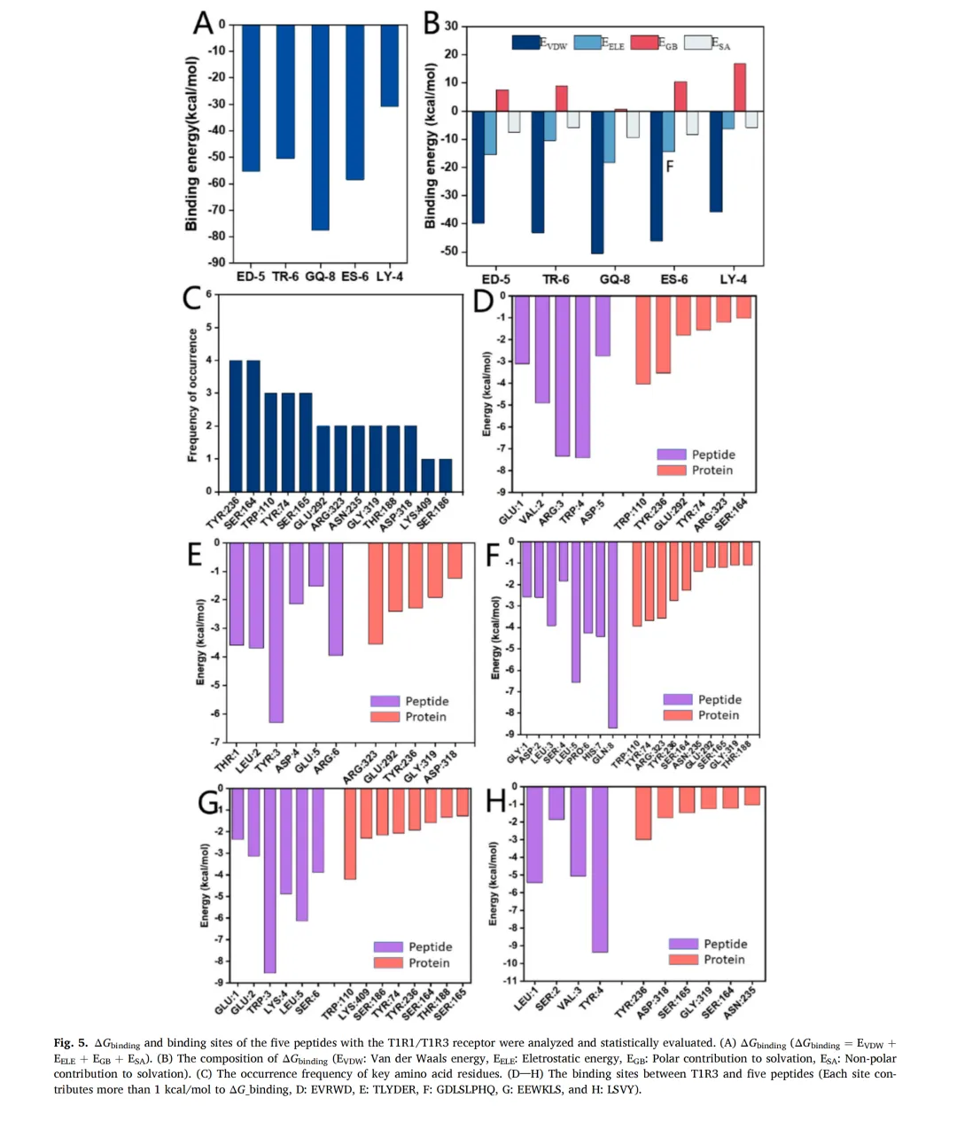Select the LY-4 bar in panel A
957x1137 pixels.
tap(389, 66)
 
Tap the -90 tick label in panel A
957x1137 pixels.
tap(217, 262)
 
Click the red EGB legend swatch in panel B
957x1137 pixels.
tap(644, 43)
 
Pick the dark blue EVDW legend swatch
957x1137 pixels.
tap(526, 43)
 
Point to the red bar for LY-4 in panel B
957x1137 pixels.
tap(740, 87)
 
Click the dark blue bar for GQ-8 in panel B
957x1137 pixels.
tap(597, 182)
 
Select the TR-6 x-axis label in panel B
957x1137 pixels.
tap(556, 279)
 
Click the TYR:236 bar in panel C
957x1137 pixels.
tap(236, 425)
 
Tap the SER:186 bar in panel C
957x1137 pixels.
tap(445, 475)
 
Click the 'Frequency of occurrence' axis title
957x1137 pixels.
tap(192, 394)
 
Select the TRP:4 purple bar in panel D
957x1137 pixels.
tap(582, 377)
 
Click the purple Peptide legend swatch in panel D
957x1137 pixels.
tap(672, 455)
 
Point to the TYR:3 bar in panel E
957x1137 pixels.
tap(276, 632)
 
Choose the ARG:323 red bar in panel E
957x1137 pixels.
tap(376, 593)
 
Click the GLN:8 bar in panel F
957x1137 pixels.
tap(612, 635)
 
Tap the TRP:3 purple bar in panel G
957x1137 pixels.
tap(269, 880)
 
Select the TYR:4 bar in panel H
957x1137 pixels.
tap(600, 868)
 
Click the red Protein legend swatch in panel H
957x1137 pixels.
tap(683, 960)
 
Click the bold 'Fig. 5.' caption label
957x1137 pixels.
tap(70, 1043)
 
